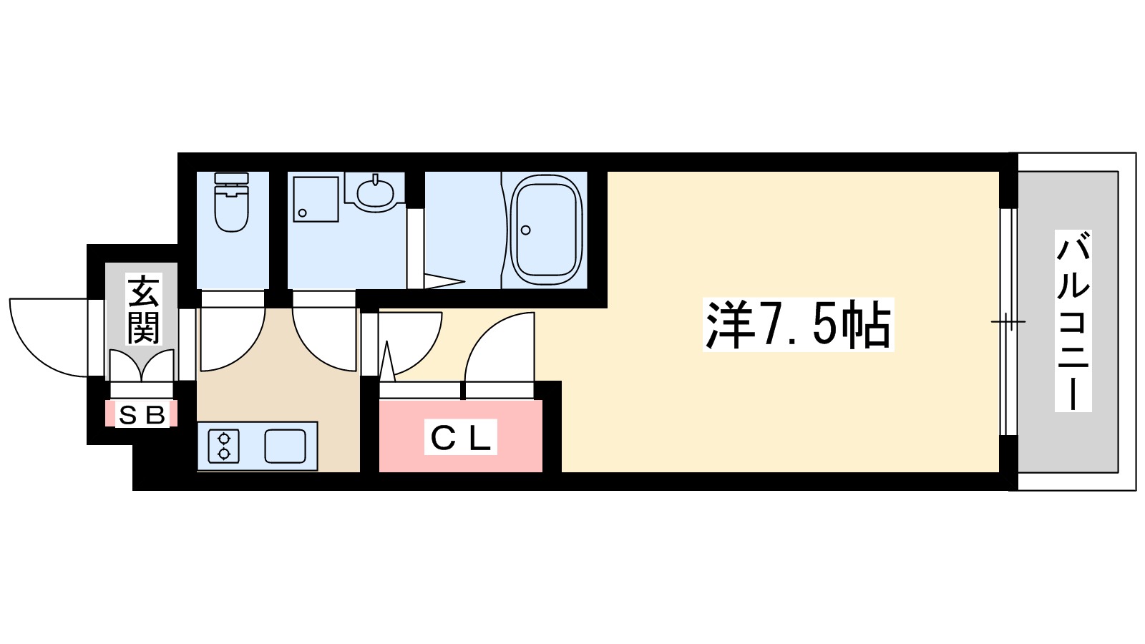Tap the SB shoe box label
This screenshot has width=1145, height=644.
point(142,414)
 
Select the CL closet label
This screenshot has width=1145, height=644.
point(462,438)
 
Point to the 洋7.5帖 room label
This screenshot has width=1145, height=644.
point(798,325)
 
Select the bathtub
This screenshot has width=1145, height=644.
point(545,230)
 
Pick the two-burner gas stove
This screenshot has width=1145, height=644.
point(224,446)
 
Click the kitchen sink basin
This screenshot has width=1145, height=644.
point(285,446)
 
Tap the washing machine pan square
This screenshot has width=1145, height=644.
point(315,199)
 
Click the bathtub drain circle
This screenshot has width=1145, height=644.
point(526,230)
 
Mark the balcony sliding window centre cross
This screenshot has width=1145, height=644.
point(1008,321)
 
